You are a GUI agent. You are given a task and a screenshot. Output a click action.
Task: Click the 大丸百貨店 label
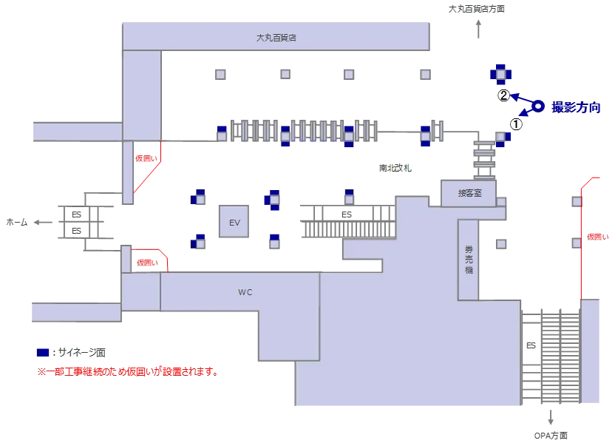coord(276,36)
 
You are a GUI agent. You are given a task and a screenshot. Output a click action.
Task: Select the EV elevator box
coord(234,222)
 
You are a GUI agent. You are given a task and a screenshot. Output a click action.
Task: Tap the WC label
coord(245,292)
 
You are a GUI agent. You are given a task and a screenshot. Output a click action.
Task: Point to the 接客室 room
coord(469,193)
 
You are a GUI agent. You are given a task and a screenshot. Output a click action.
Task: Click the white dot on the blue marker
coord(538,107)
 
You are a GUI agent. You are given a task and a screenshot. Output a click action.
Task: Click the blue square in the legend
coord(43,352)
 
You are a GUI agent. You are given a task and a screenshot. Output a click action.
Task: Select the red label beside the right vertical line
coord(597,237)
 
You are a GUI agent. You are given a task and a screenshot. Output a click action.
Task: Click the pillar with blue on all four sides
coord(500,74)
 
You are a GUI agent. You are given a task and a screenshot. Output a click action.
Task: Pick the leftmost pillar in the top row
coord(221,73)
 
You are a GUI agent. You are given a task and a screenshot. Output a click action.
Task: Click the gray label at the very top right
coord(477,10)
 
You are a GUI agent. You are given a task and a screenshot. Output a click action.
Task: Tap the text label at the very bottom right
coord(551,436)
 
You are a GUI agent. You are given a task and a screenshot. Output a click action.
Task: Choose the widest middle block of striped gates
coord(319,129)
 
